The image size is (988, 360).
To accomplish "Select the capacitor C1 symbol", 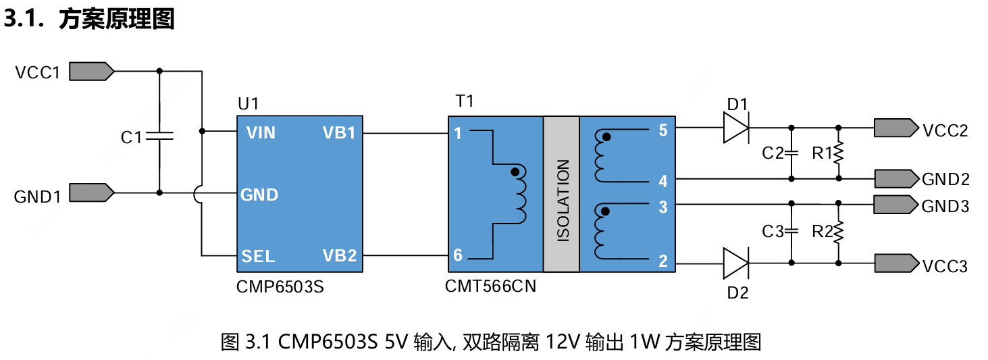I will tap(159, 136).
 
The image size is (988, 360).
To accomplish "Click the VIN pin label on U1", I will tap(261, 133).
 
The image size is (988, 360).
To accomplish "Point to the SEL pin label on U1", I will tap(258, 256).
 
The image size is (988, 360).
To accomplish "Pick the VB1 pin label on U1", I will tap(339, 133).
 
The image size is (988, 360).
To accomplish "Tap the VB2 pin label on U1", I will tap(339, 256).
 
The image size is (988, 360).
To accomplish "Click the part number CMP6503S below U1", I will tap(280, 286).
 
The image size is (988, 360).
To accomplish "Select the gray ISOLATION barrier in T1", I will tap(561, 194).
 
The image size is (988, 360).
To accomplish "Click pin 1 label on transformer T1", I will tap(458, 134).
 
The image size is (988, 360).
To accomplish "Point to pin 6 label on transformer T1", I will tap(458, 255).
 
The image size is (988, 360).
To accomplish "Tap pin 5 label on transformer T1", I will tap(662, 130).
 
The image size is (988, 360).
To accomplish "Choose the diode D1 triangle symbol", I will tap(735, 127).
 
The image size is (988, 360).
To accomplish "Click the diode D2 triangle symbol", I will tap(735, 263).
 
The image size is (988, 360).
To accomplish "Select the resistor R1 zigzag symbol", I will tap(839, 153).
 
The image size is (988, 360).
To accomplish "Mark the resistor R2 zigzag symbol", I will tap(839, 232).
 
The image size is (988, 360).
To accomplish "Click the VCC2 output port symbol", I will tap(895, 127).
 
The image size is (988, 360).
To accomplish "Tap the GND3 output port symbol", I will tap(895, 203).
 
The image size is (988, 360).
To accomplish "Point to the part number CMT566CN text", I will tap(490, 286).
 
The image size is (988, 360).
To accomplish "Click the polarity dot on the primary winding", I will tap(516, 172).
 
